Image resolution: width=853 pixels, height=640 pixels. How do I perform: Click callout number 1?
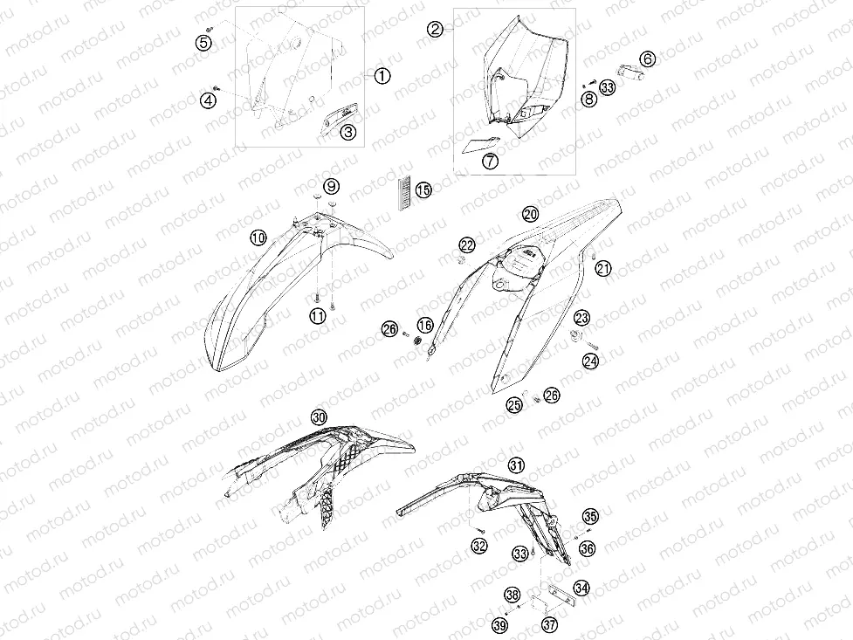[x=382, y=76]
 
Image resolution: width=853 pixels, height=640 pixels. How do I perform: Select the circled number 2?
[x=435, y=29]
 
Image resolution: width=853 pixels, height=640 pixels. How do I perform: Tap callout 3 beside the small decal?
[x=348, y=131]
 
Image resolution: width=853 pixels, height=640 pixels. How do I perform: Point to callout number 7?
[x=491, y=161]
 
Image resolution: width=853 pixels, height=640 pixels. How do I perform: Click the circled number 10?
[x=259, y=237]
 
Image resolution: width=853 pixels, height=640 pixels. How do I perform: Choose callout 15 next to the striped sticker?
[x=423, y=190]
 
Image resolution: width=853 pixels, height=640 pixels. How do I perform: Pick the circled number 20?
[x=531, y=214]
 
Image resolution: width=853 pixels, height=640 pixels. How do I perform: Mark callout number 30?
[x=320, y=417]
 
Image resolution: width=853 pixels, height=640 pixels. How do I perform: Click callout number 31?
[x=516, y=465]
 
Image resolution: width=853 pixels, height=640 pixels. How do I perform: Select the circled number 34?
[x=581, y=588]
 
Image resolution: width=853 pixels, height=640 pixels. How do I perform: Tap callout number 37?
[x=549, y=624]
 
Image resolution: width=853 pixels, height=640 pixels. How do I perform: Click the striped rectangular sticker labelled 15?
[x=404, y=192]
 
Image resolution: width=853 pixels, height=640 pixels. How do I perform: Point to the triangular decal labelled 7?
[x=480, y=145]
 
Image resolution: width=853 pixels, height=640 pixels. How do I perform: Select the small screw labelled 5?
[x=210, y=28]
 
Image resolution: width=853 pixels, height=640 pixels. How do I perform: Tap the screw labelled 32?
[x=479, y=531]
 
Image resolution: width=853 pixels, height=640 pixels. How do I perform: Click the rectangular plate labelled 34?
[x=561, y=594]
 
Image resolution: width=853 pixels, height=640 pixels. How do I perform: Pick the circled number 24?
[x=591, y=361]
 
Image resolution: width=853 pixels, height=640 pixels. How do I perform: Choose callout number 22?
[x=467, y=244]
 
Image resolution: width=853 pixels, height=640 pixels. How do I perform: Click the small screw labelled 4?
[x=216, y=87]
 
